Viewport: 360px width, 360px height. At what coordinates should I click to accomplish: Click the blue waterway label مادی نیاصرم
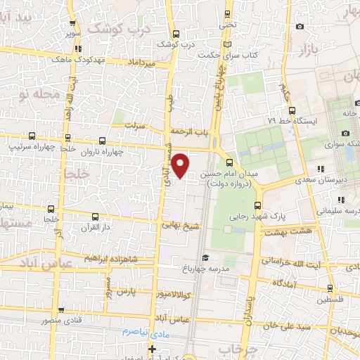(139, 330)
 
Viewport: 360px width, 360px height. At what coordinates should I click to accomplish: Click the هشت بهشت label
(290, 231)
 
